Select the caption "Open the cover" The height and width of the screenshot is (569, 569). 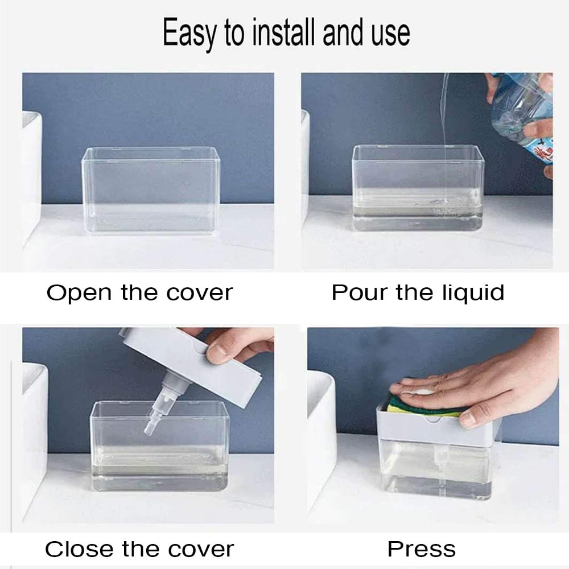pos(139,293)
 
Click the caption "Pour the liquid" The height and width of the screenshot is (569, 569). pos(418,293)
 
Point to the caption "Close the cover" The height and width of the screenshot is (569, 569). pos(139,550)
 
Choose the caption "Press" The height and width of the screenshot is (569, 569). pos(422,550)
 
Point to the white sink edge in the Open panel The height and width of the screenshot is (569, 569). pos(31,176)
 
